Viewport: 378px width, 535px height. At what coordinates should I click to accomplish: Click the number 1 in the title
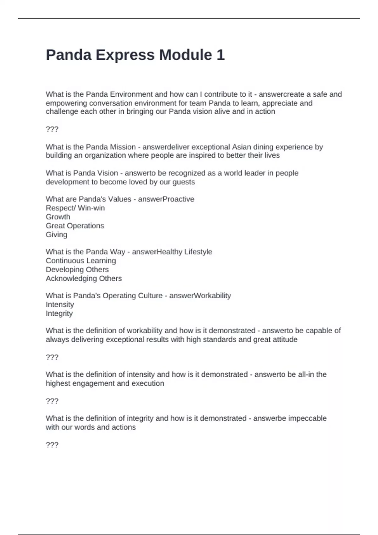click(220, 55)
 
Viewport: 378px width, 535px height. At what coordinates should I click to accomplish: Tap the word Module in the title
click(185, 55)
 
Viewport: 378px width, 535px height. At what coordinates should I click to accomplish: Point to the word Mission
click(123, 147)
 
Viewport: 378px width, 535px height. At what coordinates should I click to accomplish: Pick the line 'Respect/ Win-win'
click(75, 208)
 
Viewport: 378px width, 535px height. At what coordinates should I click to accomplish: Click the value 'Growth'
click(58, 217)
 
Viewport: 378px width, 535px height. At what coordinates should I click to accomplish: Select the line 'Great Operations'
click(75, 226)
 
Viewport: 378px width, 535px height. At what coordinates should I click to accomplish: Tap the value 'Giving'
click(56, 235)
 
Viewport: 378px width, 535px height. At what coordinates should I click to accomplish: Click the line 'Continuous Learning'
click(81, 261)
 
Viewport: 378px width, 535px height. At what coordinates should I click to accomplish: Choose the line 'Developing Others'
click(77, 270)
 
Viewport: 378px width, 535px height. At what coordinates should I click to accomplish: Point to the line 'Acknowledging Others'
click(84, 279)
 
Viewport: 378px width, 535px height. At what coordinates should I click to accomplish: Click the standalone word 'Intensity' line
click(60, 305)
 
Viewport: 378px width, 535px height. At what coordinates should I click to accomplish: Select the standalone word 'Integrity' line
click(59, 313)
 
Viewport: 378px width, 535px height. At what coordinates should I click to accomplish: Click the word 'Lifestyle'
click(198, 252)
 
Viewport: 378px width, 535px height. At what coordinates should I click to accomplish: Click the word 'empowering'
click(66, 103)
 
